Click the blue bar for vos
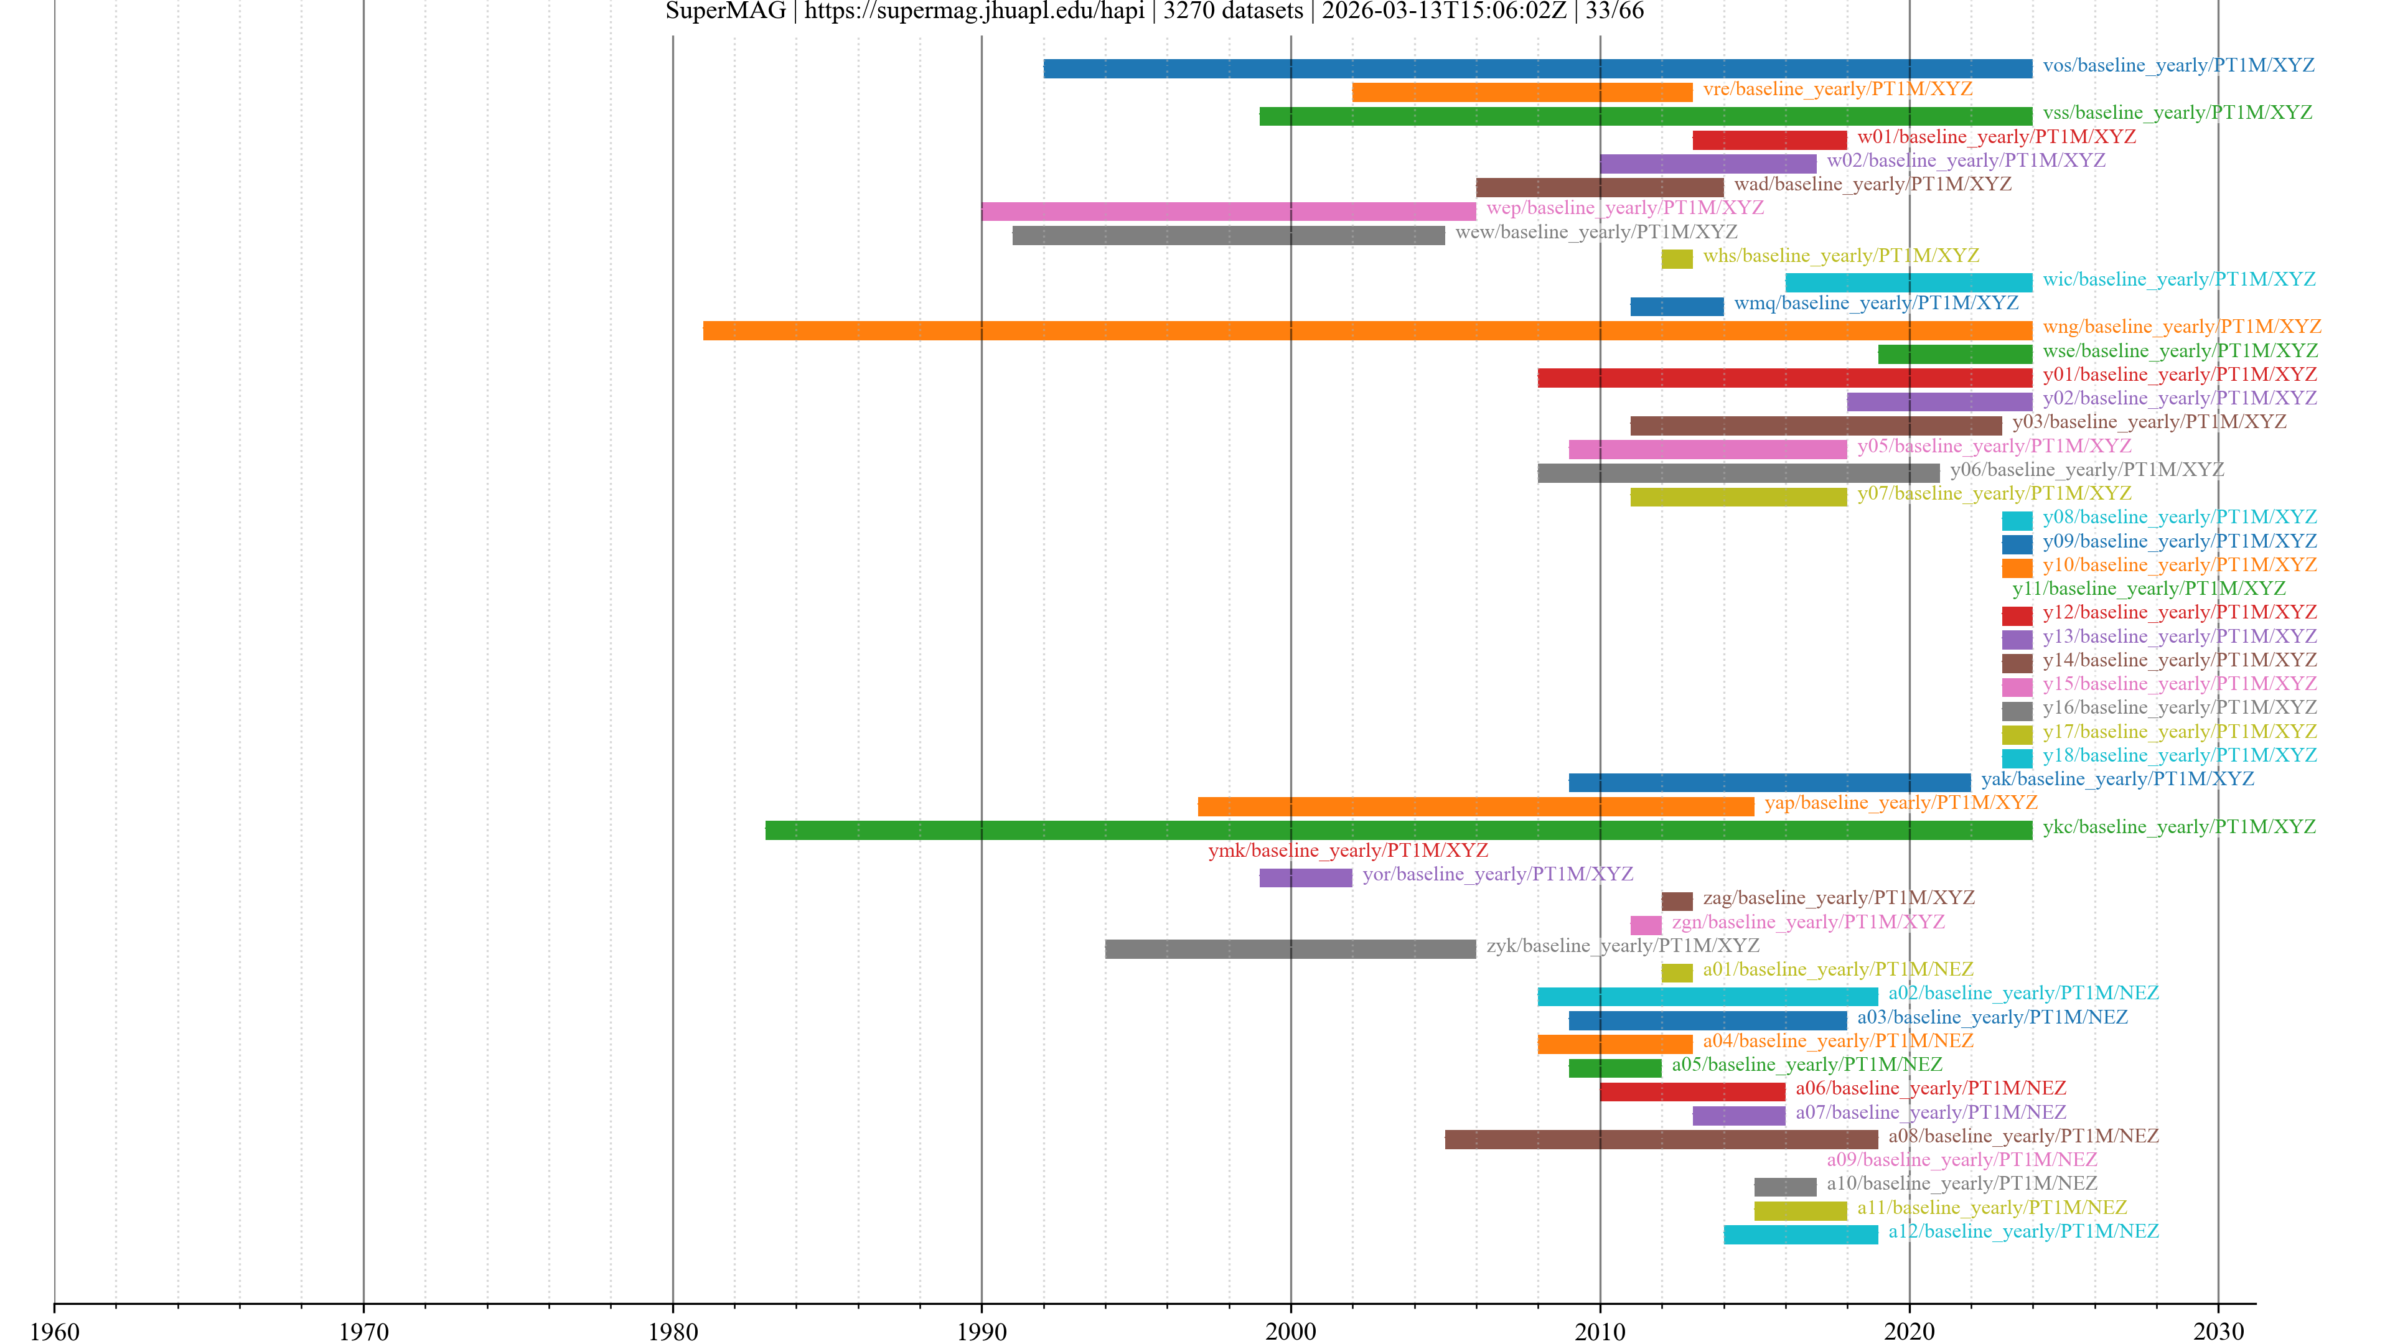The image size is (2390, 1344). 1537,68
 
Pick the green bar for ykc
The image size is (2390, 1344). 1398,830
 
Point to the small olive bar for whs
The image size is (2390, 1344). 1677,259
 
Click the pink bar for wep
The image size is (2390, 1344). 1229,212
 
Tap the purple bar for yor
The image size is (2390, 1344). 1305,877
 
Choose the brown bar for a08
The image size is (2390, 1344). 1661,1139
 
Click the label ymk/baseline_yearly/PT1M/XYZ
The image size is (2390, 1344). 1347,851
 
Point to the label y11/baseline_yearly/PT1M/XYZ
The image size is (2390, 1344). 2149,588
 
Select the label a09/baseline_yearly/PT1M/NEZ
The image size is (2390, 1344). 1961,1159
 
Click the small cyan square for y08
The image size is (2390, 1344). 2017,520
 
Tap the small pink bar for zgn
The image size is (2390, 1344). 1646,925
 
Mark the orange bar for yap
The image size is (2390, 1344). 1475,806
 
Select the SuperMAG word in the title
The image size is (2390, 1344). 726,11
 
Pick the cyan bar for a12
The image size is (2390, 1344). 1801,1234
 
